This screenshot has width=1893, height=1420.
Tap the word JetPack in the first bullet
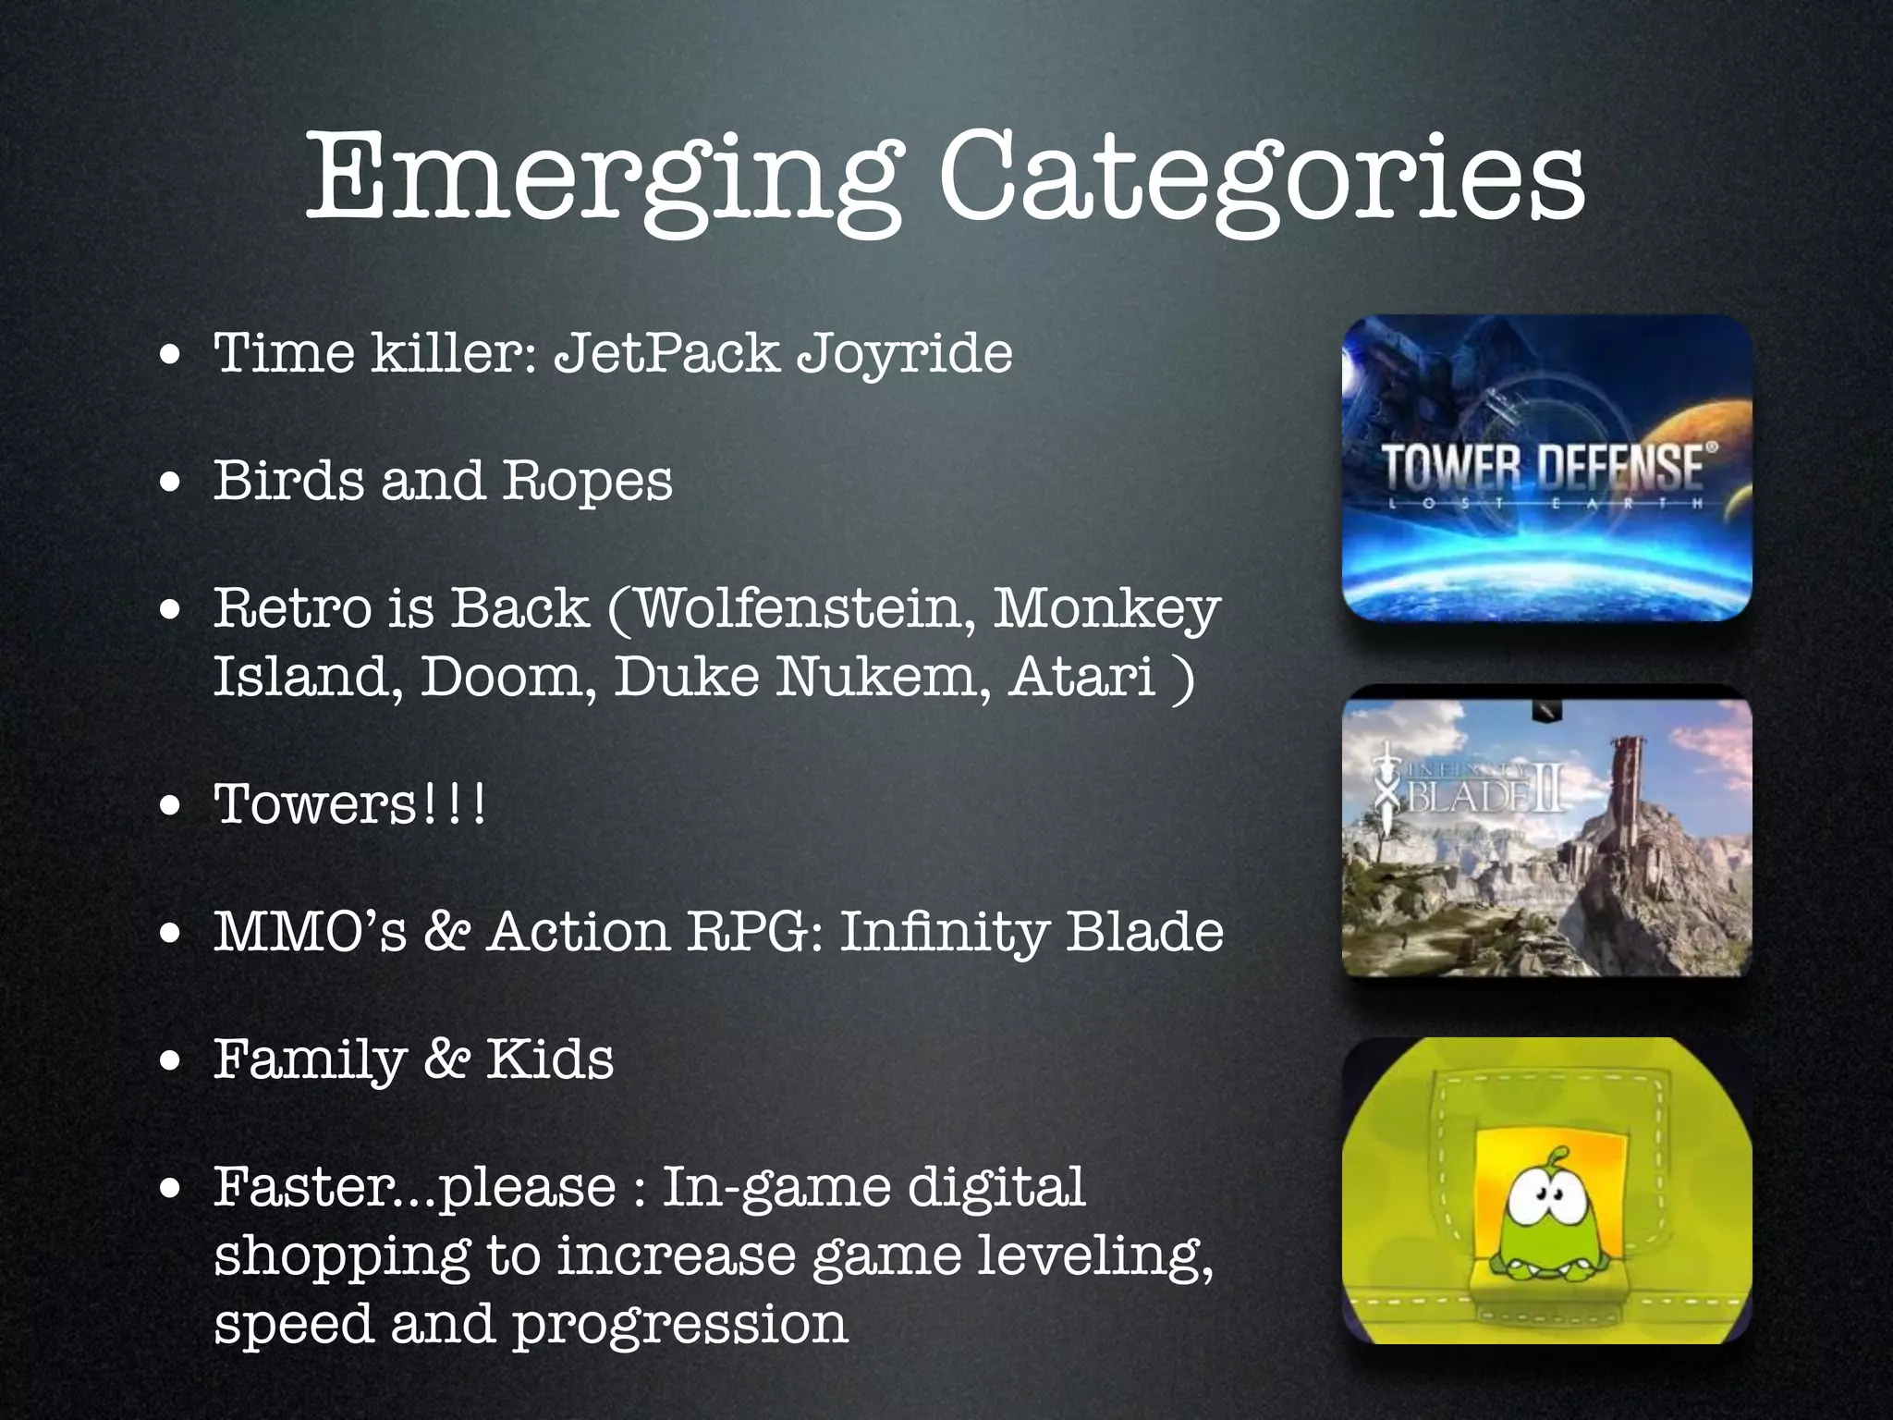[x=666, y=353]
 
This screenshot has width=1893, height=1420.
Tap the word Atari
[x=1082, y=677]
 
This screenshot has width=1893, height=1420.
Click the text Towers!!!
[x=349, y=804]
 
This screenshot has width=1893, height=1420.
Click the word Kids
[x=550, y=1059]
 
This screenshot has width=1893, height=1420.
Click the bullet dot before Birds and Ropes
[x=169, y=484]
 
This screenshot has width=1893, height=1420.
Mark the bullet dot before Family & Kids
[x=169, y=1061]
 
